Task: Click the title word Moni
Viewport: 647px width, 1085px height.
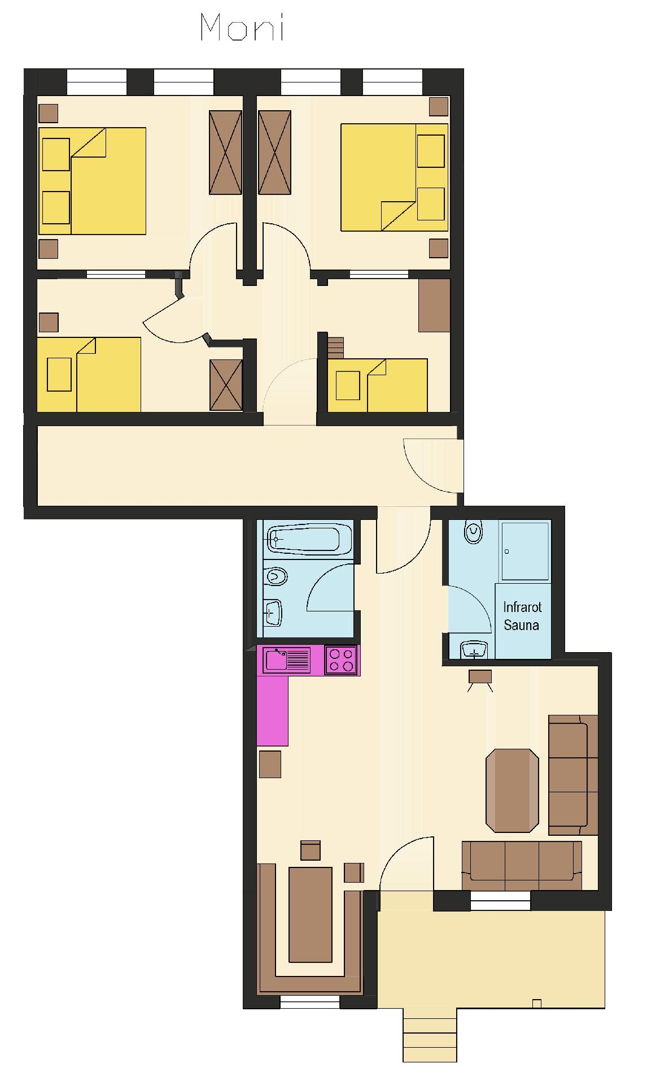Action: [242, 28]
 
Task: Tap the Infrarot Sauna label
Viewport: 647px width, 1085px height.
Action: [522, 616]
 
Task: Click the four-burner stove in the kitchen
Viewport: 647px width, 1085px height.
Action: [341, 660]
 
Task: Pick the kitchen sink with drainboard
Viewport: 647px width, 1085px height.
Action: [288, 659]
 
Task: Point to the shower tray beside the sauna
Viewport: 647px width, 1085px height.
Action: [524, 551]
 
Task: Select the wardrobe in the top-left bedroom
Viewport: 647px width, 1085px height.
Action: [225, 153]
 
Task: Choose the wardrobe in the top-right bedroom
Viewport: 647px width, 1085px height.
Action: [275, 153]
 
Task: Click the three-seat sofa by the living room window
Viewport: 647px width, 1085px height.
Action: [522, 866]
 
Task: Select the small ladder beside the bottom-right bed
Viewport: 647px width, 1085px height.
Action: [335, 348]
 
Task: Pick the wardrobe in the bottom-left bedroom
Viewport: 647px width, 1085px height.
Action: [226, 385]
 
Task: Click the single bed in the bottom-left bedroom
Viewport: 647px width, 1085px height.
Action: [89, 375]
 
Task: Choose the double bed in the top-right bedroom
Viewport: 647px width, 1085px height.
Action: [394, 177]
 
